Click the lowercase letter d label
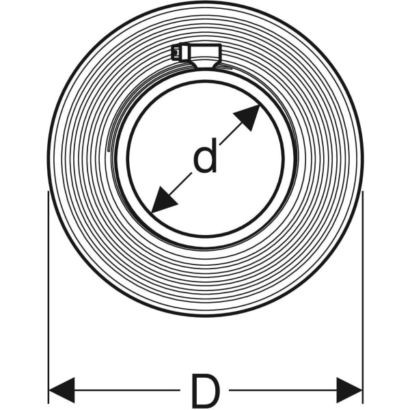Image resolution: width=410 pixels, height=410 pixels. point(206,156)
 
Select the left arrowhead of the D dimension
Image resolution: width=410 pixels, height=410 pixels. point(62,390)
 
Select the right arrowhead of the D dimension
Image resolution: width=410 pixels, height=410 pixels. point(349,390)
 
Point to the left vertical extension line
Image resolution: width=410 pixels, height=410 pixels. point(49,297)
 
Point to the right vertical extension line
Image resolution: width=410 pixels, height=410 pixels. point(363,297)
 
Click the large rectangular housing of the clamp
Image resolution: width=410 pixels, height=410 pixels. point(204,51)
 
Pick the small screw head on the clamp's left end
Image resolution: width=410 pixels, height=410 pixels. point(175,53)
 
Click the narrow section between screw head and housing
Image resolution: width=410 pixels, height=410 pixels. point(183,53)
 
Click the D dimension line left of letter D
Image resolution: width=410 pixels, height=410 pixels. point(127,390)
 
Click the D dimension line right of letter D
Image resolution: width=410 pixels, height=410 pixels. point(283,390)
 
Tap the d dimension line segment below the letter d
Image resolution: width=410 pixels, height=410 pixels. point(180,184)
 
